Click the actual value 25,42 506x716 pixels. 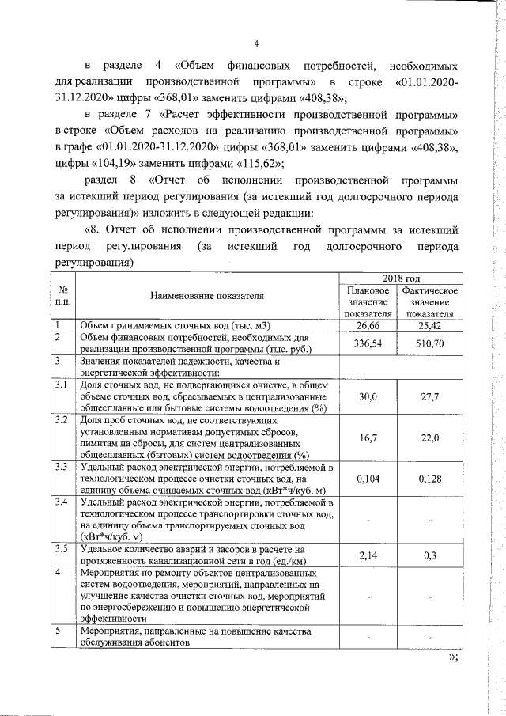431,325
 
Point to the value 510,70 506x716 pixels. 431,343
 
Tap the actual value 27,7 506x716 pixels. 431,396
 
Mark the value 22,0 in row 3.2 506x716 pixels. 431,438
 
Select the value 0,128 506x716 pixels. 431,479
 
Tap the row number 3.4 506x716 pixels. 60,502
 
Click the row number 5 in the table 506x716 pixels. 58,631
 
